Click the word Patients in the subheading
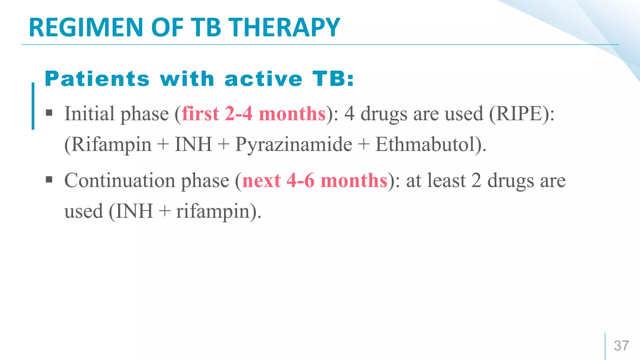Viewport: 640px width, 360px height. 97,79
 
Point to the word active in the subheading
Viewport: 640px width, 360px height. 263,79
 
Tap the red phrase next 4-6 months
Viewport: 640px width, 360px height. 315,181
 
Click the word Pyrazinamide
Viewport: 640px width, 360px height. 293,145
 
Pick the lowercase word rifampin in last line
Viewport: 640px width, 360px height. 212,212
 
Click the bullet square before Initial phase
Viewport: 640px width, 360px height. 49,112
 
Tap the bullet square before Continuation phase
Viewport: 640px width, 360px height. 49,179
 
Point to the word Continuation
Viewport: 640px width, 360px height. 120,181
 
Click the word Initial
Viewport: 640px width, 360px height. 89,114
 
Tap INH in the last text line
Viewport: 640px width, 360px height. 135,212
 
